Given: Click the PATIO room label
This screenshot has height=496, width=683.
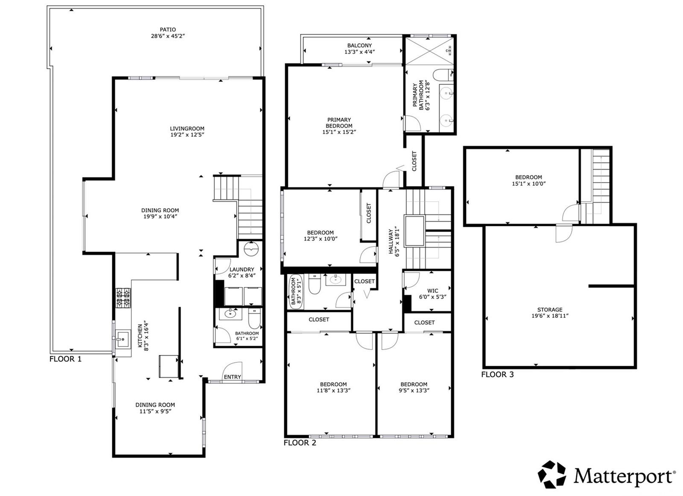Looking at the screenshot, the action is click(168, 29).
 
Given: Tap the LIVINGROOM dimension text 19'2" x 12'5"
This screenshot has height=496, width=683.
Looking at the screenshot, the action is click(187, 135).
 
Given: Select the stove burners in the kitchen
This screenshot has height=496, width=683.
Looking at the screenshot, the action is click(123, 298).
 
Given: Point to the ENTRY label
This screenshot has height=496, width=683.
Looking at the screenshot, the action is click(232, 377).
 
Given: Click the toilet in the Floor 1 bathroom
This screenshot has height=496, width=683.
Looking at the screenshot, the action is click(254, 318).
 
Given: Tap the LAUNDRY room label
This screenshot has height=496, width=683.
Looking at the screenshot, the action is click(242, 270).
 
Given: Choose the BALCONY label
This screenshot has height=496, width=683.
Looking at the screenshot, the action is click(359, 45).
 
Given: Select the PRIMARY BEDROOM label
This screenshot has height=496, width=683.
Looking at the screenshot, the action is click(339, 123).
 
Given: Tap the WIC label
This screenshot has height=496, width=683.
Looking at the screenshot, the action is click(433, 291).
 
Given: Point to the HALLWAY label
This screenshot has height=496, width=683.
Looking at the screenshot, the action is click(391, 241).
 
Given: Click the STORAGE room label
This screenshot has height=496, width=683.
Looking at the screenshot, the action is click(550, 309).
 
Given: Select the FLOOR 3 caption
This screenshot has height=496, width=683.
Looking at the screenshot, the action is click(497, 375).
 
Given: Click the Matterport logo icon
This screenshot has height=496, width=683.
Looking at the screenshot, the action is click(552, 474).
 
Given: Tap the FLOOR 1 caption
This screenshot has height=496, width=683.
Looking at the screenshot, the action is click(66, 359).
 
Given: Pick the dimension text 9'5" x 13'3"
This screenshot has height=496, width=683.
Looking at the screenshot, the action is click(414, 390).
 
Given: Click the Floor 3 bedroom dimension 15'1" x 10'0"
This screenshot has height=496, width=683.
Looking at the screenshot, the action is click(529, 184).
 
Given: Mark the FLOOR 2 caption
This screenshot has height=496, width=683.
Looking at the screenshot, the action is click(300, 443).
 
